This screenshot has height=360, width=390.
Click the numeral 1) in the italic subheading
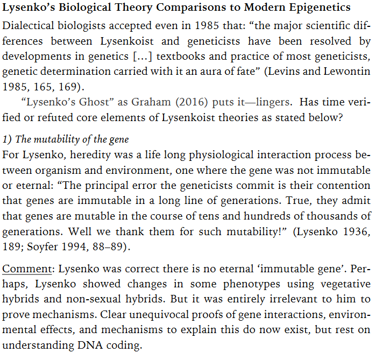7,140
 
